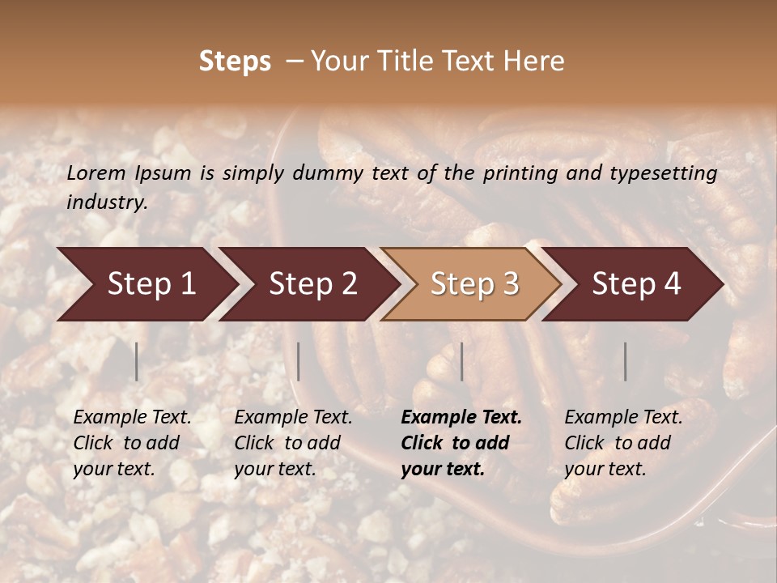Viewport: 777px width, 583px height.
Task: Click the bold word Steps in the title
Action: point(235,62)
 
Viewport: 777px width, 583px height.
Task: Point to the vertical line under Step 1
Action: point(136,361)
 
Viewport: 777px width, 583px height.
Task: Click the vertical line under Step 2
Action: point(299,361)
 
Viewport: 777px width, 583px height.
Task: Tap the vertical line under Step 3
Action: point(461,361)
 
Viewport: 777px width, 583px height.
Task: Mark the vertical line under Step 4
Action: point(625,361)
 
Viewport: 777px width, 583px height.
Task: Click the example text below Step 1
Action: point(131,443)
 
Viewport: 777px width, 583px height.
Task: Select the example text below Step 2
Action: point(292,443)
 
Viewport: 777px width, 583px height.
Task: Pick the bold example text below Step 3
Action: point(461,443)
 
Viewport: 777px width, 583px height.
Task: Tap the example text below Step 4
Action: point(622,443)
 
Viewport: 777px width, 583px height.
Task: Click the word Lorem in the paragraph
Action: point(96,172)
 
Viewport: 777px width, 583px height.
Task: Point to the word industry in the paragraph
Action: point(106,202)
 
